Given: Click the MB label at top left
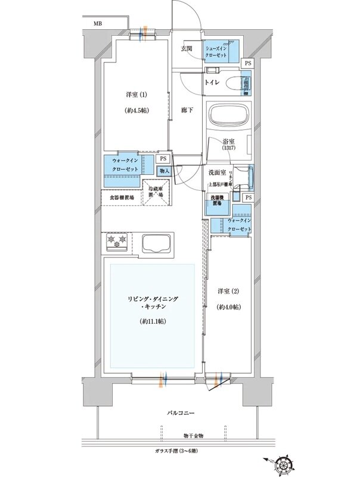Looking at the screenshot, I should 97,24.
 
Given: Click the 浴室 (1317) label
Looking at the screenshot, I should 229,146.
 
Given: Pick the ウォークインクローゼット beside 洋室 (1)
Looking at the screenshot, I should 125,165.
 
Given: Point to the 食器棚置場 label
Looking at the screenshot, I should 121,197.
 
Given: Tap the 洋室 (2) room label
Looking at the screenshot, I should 228,292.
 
